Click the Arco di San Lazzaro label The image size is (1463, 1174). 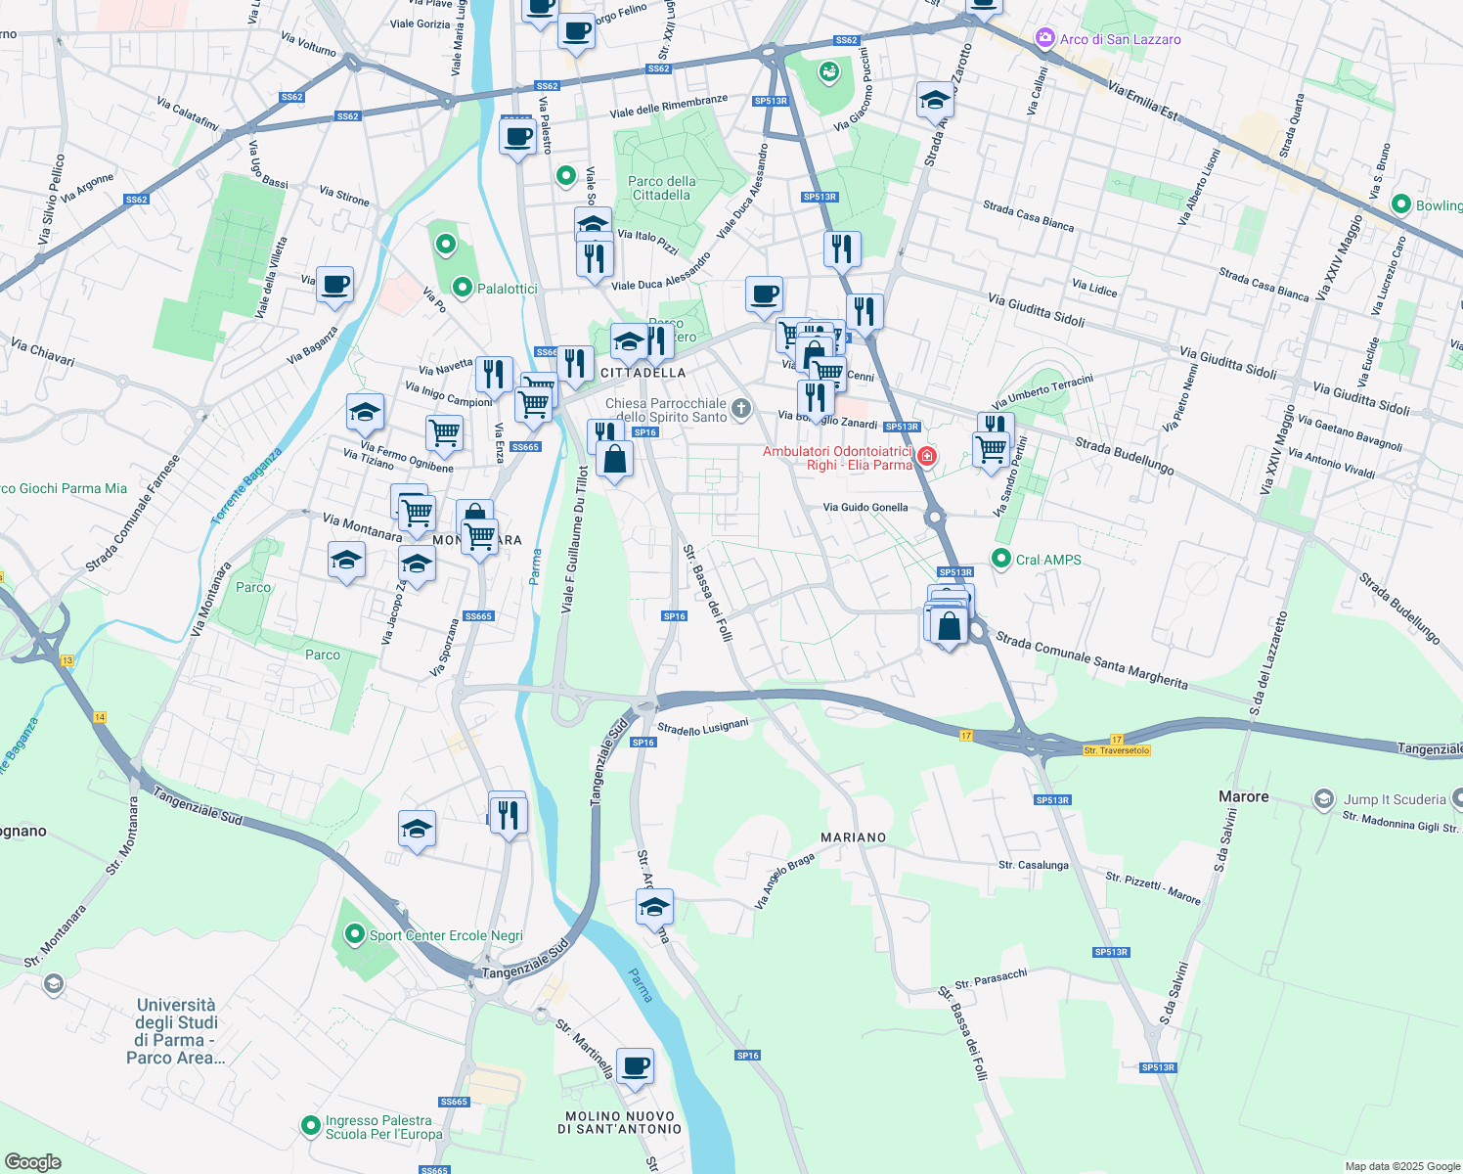(1120, 39)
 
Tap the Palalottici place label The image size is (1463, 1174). (507, 289)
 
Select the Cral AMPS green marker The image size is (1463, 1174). (1000, 559)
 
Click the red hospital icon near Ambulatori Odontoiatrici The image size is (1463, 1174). (926, 456)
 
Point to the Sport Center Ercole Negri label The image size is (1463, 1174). (445, 935)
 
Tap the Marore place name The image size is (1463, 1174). (1243, 796)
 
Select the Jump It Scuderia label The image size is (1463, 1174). (1394, 799)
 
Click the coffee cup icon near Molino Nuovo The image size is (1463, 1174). (635, 1064)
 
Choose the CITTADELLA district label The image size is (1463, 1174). (643, 373)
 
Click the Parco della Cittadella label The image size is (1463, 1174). (662, 188)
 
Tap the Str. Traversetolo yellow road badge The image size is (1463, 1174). (1116, 750)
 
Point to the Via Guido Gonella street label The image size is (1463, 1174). (865, 507)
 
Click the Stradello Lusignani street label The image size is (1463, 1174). (702, 727)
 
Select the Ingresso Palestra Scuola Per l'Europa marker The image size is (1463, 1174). (310, 1126)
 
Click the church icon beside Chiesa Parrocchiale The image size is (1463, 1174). (741, 409)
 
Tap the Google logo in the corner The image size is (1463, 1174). (32, 1161)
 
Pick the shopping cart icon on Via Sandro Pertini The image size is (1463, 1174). (991, 449)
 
